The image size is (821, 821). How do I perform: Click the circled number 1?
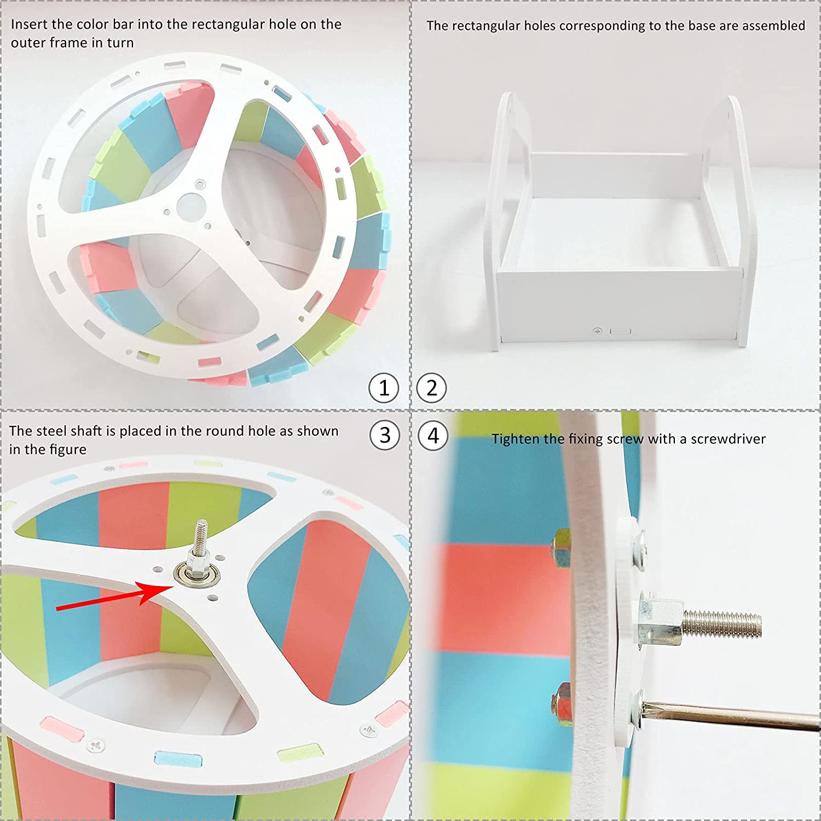(384, 388)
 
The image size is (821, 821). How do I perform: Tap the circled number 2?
(432, 388)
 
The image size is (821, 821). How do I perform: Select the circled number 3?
(385, 436)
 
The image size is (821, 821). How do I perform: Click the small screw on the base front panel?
(598, 331)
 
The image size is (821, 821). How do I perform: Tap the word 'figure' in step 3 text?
(68, 450)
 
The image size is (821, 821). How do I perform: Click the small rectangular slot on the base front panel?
(620, 331)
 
